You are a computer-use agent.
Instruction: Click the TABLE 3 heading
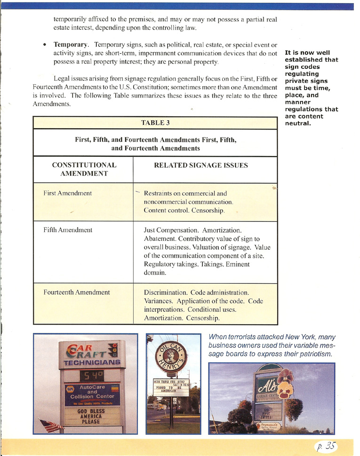coord(155,123)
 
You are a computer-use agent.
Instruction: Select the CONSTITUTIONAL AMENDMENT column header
coord(84,170)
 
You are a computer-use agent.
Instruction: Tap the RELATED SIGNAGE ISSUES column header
coord(200,165)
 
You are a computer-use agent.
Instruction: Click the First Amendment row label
coord(67,193)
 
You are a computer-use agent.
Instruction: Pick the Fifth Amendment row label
coord(67,230)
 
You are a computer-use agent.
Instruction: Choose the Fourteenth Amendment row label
coord(76,292)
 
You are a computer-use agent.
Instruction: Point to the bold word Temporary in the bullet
coord(70,44)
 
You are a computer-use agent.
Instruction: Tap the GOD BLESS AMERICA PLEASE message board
coord(91,416)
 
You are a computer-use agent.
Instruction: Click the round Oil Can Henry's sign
coord(173,356)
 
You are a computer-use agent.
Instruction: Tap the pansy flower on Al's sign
coord(285,381)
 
